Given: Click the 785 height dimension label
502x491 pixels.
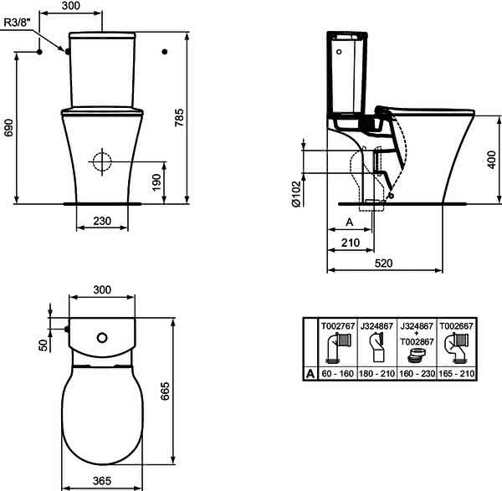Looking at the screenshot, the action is [x=180, y=117].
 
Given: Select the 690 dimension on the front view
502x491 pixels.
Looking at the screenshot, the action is [x=8, y=128].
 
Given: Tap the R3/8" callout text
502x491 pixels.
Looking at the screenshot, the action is [x=18, y=22].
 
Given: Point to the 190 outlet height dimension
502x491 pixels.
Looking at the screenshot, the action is [x=156, y=182].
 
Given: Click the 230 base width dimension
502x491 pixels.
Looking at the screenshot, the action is [x=102, y=221].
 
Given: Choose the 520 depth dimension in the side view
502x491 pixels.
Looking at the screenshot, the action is [x=383, y=263].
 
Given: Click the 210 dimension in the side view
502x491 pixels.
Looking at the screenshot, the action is [x=351, y=243].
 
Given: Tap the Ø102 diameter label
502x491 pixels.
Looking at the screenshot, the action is [x=296, y=194].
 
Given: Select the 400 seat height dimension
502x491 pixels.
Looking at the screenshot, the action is [x=492, y=160].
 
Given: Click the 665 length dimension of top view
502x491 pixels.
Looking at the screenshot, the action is [x=165, y=391].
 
